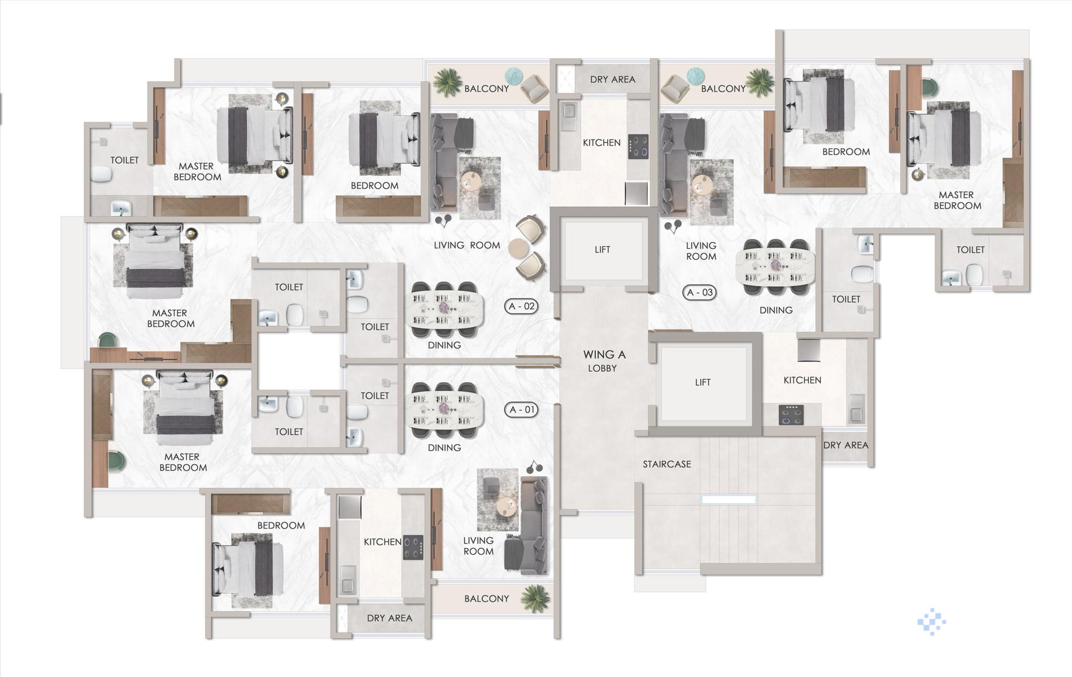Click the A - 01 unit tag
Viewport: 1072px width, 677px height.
point(521,409)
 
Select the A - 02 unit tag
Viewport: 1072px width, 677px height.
point(521,306)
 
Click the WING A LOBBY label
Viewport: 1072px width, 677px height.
point(604,361)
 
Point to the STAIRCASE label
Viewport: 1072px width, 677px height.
point(666,464)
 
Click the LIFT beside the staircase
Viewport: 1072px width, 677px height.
point(702,382)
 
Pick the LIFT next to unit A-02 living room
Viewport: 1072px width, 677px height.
point(602,249)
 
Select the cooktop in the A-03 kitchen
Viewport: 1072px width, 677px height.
point(791,415)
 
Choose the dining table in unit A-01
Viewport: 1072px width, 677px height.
point(444,409)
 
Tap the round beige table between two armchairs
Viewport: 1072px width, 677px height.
point(518,248)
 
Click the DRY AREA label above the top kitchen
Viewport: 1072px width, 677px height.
point(612,79)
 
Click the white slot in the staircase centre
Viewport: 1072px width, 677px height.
point(728,499)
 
